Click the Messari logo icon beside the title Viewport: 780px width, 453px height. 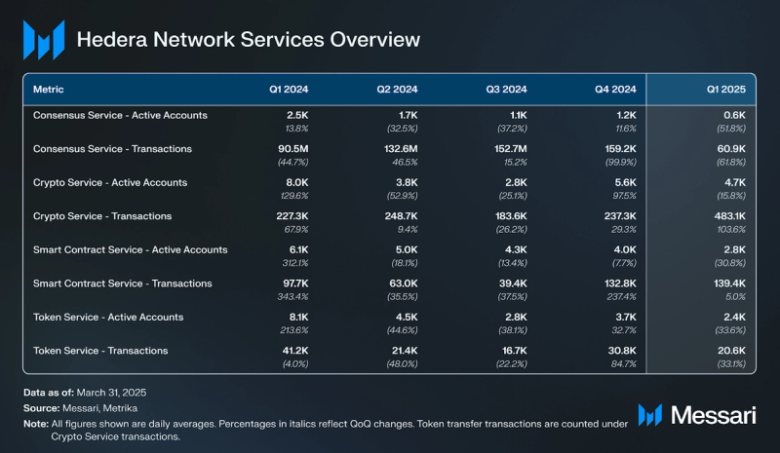coord(44,40)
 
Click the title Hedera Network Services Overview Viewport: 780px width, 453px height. coord(248,40)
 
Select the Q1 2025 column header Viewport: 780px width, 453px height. coord(726,89)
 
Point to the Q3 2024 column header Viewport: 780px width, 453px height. coord(507,89)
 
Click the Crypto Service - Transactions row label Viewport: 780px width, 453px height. coord(102,216)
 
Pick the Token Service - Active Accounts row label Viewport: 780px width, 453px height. coord(107,317)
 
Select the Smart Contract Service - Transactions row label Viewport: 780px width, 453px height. coord(122,283)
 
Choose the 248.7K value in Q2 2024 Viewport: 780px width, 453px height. coord(398,216)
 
